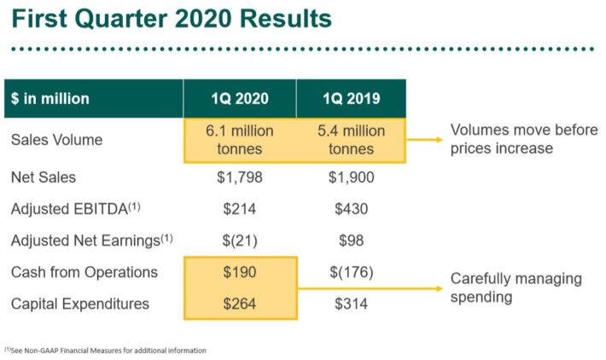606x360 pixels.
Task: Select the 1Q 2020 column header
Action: coord(240,98)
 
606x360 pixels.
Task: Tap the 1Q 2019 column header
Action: coord(351,98)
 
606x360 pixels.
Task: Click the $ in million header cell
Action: coord(50,98)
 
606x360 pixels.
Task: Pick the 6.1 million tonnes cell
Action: coord(240,140)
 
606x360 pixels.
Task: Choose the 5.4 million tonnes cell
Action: coord(351,140)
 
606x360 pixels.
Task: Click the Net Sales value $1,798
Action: coord(240,177)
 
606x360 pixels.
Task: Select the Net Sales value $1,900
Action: coord(351,177)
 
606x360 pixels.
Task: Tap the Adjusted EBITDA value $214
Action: coord(240,209)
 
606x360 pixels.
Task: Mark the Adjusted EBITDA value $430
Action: coord(351,209)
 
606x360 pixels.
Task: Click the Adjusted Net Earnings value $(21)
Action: coord(240,241)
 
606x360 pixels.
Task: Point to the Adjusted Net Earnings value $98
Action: coord(351,241)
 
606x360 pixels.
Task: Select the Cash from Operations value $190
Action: coord(240,272)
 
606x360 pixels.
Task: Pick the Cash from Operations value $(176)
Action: coord(351,272)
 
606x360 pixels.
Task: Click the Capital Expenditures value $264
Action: coord(240,304)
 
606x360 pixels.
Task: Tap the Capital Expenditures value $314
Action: coord(351,304)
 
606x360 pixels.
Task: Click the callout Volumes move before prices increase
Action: coord(523,139)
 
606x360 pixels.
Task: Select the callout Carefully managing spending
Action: coord(516,287)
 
